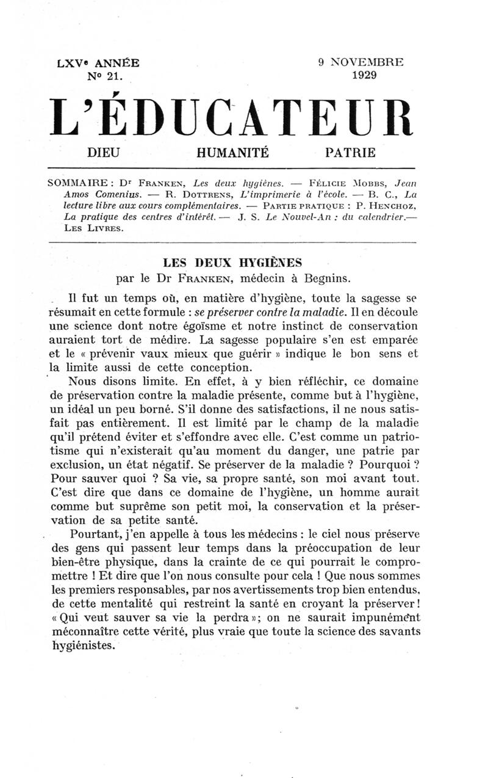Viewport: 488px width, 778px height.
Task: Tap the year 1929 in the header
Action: (x=364, y=76)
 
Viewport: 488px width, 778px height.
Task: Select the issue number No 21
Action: (x=106, y=76)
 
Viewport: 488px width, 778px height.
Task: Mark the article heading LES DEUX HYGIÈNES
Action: (x=232, y=263)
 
